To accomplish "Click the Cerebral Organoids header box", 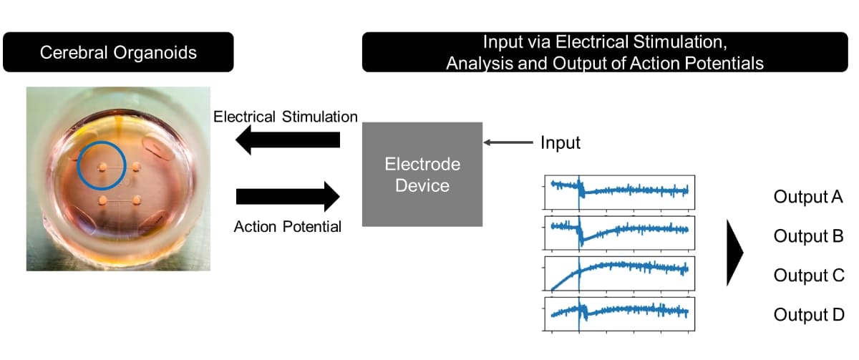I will tap(118, 52).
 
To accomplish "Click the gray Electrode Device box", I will tap(422, 175).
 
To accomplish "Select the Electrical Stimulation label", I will tap(286, 116).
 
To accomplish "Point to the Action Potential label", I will tap(288, 227).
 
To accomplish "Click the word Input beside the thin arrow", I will tap(560, 143).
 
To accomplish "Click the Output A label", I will tap(808, 197).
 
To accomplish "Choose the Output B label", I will tap(808, 235).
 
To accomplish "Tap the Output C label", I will tap(808, 275).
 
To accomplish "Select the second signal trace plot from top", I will tap(619, 230).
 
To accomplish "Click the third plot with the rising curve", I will tap(619, 271).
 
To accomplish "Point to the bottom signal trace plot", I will tap(619, 312).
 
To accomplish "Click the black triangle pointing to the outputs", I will tap(734, 253).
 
